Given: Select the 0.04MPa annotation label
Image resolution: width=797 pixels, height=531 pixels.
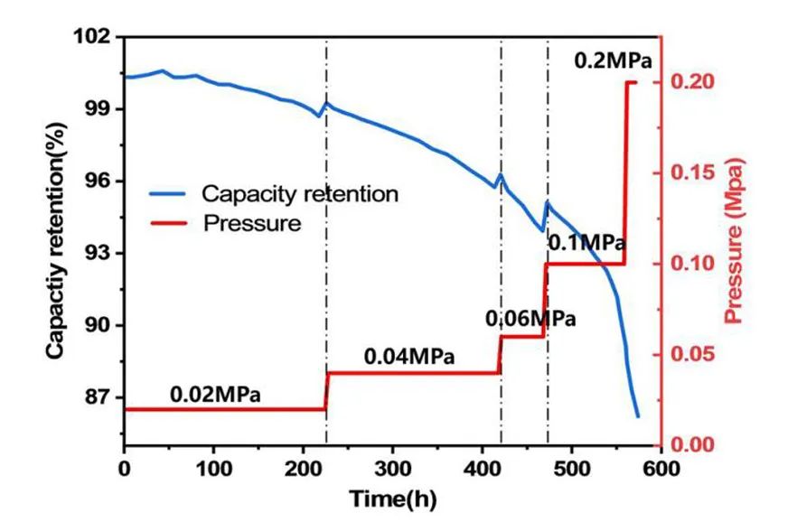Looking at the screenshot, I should [409, 357].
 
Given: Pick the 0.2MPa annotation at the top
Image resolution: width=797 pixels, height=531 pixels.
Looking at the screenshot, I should [613, 61].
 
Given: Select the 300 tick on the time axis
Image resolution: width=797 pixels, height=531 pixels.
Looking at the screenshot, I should [392, 469].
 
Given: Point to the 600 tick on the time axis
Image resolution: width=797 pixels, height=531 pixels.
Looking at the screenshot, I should [661, 469].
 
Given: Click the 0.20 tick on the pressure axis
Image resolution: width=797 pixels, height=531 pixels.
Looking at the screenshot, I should [692, 82].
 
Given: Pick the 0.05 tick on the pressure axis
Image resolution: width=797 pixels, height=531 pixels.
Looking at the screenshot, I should [692, 354].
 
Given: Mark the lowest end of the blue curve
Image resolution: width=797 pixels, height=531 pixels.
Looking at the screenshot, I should [638, 416].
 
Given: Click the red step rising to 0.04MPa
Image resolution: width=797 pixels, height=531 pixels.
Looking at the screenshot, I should [326, 390].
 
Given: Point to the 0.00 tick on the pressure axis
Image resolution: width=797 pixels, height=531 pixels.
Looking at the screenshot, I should [692, 445].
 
